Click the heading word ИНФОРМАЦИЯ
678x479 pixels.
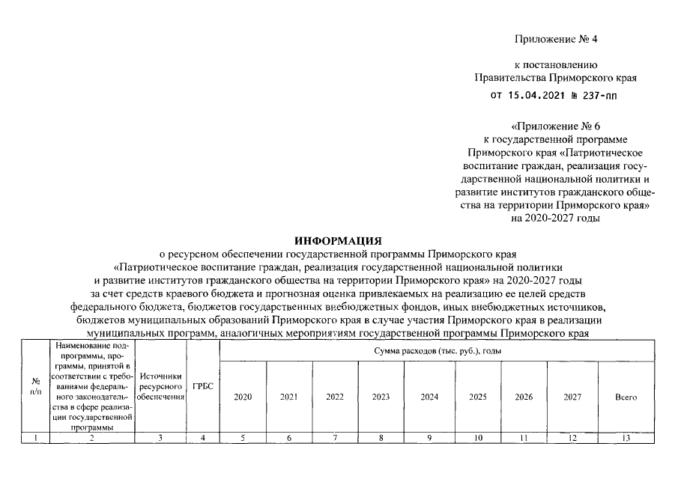[338, 241]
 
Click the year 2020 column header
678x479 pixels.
[243, 397]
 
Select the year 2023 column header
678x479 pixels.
[381, 397]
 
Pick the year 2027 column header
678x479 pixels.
[572, 397]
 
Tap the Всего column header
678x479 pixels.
[626, 397]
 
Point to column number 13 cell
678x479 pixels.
[626, 437]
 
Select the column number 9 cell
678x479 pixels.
[429, 437]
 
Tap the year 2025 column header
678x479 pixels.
[477, 397]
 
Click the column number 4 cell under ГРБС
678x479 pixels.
[203, 437]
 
